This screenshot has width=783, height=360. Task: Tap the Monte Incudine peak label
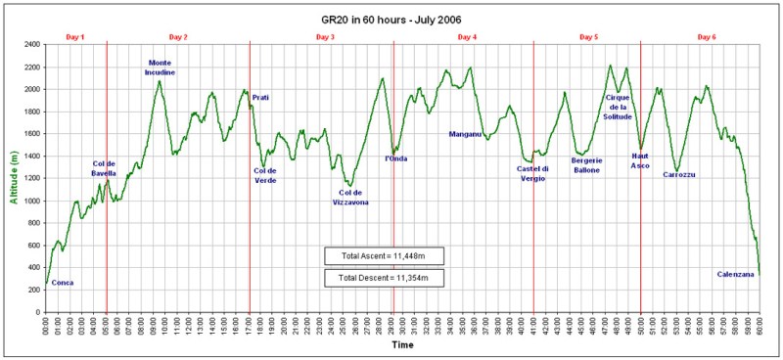click(x=160, y=67)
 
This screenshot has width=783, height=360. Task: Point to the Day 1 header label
click(x=75, y=36)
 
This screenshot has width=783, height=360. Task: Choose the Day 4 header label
click(x=468, y=36)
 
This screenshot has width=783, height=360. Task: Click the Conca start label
click(x=63, y=283)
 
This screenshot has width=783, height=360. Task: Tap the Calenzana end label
click(x=736, y=274)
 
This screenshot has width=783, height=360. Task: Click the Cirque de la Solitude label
click(x=619, y=107)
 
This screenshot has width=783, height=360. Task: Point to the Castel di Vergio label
click(x=532, y=173)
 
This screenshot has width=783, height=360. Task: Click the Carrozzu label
click(x=678, y=174)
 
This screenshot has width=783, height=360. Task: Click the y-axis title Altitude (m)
click(x=13, y=178)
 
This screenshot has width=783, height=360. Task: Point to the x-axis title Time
click(x=402, y=345)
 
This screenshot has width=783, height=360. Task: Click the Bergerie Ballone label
click(x=587, y=163)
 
